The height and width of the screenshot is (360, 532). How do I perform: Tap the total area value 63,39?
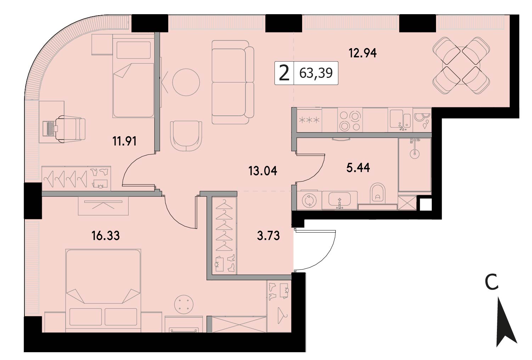316,73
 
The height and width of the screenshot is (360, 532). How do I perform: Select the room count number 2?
284,73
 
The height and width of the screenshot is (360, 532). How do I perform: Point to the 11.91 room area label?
124,142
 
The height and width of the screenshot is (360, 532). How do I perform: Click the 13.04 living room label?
263,171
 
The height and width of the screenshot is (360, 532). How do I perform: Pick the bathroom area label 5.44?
358,168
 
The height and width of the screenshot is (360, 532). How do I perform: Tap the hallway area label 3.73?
268,236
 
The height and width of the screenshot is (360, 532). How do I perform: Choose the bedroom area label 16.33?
106,236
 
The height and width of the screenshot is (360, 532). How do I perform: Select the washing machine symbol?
309,200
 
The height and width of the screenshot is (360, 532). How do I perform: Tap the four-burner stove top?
350,120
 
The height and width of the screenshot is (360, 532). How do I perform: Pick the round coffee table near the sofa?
186,82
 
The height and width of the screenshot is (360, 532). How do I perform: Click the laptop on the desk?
50,128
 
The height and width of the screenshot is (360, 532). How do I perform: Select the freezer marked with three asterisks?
309,120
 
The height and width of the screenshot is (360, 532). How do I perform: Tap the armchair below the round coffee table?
186,136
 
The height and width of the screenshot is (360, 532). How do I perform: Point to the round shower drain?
415,154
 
